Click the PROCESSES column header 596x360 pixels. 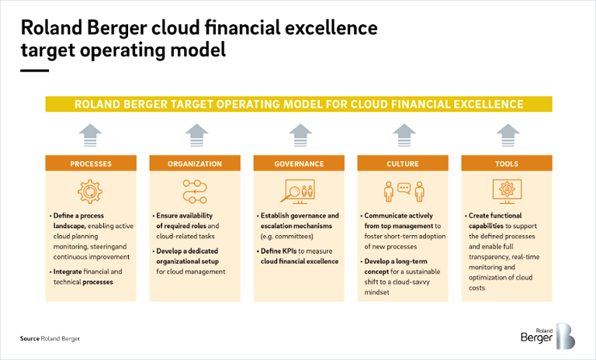coord(91,164)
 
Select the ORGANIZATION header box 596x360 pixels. coord(195,164)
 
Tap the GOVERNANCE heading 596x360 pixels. coord(299,164)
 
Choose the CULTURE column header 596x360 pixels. coord(403,164)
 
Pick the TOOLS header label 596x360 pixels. coord(507,164)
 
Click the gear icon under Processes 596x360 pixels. coord(90,192)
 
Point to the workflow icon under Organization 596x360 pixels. coord(195,192)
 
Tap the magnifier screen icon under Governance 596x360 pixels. coord(298,192)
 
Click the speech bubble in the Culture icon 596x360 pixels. coord(404,189)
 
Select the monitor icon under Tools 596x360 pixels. coord(507,192)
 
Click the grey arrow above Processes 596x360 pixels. coord(91,135)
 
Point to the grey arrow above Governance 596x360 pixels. coord(300,135)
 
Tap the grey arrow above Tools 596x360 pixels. coord(508,135)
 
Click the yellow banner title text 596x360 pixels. coord(299,104)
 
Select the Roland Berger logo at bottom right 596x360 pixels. coord(548,336)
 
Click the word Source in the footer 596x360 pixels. coord(29,338)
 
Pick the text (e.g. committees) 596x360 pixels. coord(287,237)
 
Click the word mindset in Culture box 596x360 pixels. coord(376,292)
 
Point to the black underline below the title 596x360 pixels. coord(35,71)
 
